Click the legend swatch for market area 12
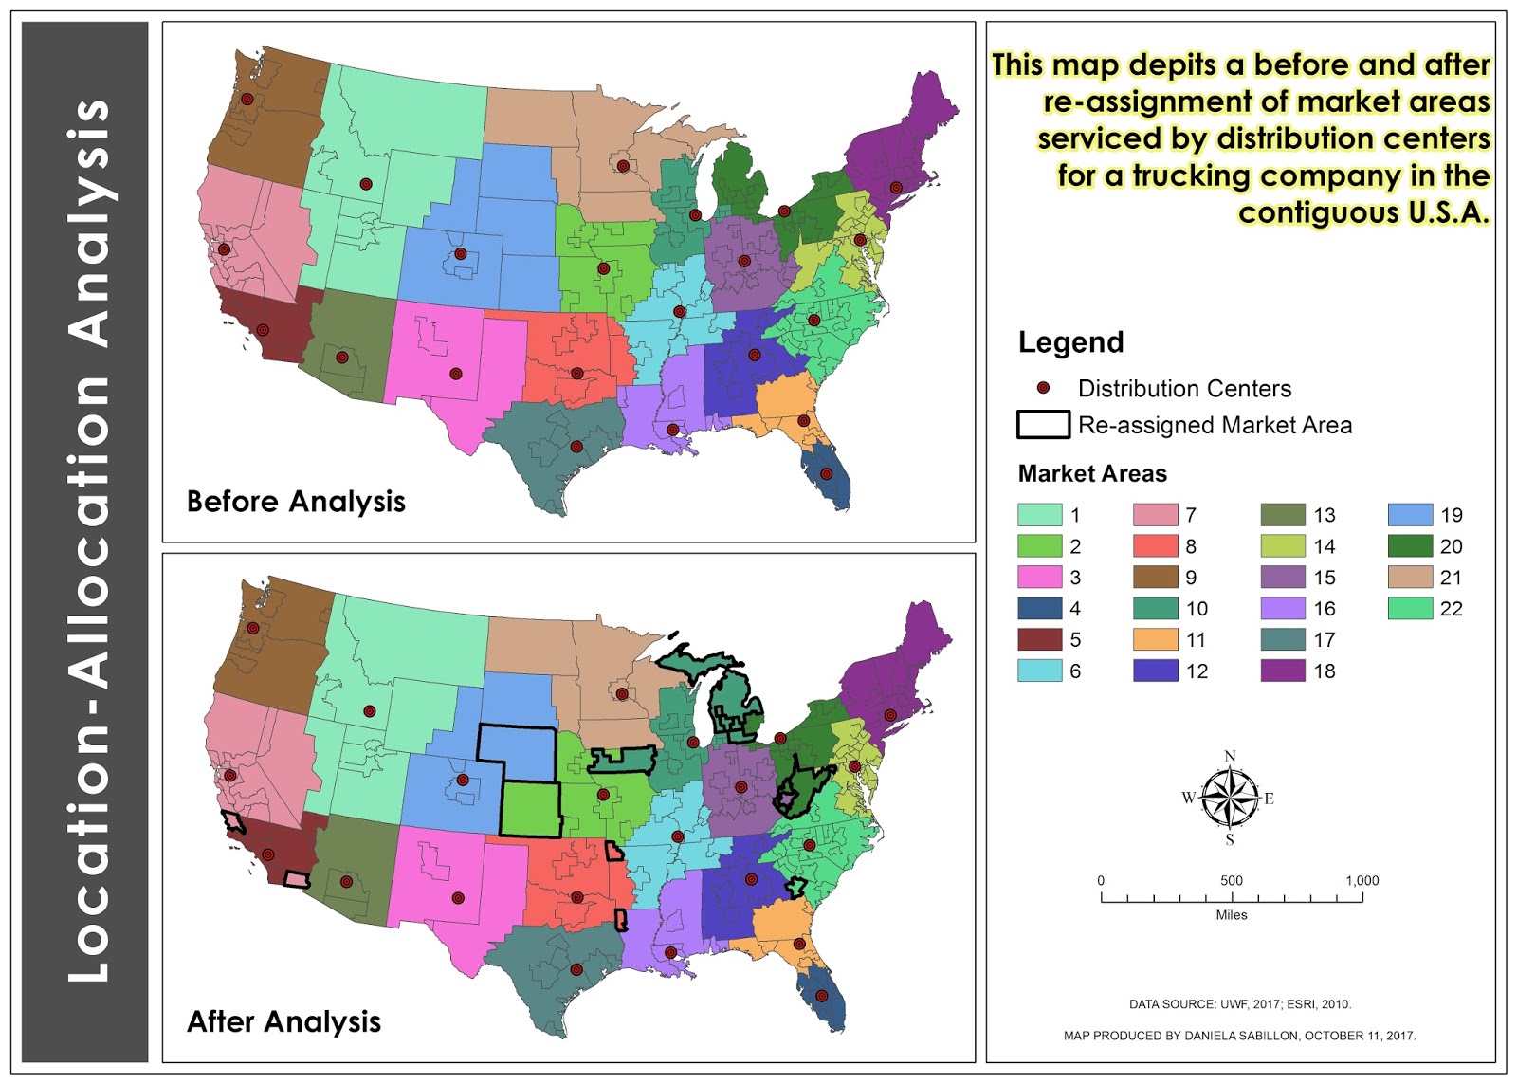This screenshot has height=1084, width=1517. (x=1155, y=671)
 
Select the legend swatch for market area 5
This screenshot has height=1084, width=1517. (x=1039, y=639)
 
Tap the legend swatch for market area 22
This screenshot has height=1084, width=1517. (x=1410, y=608)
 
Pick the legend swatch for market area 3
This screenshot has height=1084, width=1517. (x=1039, y=577)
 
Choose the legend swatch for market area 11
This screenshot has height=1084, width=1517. (x=1155, y=639)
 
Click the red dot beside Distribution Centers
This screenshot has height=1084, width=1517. (x=1043, y=388)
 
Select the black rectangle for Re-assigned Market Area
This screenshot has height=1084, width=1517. (x=1043, y=425)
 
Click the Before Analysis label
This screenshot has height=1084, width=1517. (x=296, y=501)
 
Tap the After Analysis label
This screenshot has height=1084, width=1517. (x=283, y=1021)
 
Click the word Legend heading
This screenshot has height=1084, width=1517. (x=1070, y=342)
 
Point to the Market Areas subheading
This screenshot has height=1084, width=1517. (x=1092, y=473)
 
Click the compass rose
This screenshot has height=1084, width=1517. (x=1230, y=798)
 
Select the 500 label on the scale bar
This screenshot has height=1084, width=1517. (x=1231, y=880)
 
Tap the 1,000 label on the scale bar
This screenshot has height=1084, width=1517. (x=1362, y=880)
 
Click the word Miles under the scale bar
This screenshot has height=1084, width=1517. (x=1231, y=915)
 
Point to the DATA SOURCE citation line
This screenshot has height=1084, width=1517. (x=1239, y=1003)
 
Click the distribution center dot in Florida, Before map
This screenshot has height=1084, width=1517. (x=826, y=473)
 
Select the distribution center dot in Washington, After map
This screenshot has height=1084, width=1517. (x=252, y=628)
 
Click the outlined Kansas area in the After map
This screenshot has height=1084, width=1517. (x=530, y=809)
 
